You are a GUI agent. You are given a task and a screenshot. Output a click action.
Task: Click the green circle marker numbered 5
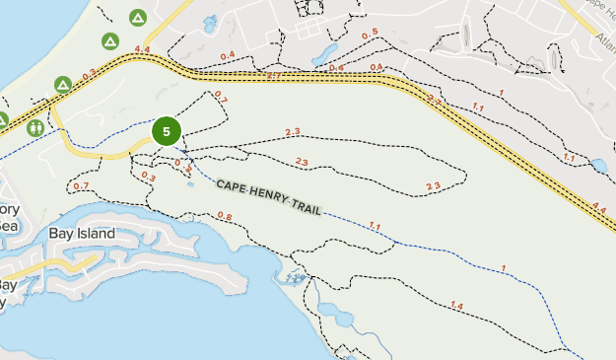point(167,131)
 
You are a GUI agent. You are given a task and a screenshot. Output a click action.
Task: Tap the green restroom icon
point(35,127)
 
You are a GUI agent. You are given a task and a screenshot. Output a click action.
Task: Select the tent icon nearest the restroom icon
point(62,86)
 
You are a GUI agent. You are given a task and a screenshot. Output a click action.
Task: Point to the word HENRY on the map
point(274,193)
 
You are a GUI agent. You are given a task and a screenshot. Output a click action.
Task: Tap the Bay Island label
point(82,234)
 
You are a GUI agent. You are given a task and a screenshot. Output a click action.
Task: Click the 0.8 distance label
point(224,217)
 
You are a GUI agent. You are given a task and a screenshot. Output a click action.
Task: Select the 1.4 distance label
point(455,307)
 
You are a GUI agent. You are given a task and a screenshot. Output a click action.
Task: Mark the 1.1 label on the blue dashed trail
point(375,227)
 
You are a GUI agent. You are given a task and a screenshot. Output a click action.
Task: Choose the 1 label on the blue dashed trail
point(503,269)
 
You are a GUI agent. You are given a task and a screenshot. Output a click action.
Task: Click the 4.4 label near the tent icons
point(142,50)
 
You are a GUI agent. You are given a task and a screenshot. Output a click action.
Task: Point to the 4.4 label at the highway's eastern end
point(599,207)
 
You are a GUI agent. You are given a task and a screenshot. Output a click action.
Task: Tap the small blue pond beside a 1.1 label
point(598,166)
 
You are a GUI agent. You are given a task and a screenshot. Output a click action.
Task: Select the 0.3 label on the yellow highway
point(90,74)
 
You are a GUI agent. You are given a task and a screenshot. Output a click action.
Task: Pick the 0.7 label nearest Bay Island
point(81,186)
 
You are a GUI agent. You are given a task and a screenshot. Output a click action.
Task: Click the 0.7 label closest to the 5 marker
point(220,100)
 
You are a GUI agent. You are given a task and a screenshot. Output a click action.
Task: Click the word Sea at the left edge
point(8,225)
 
